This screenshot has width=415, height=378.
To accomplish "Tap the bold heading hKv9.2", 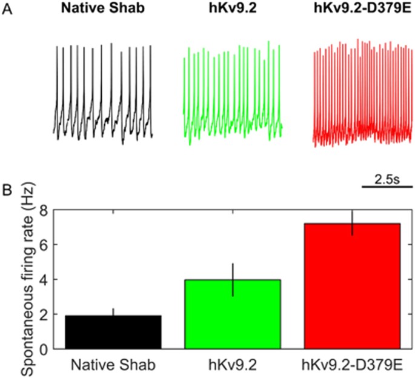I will tap(233, 12).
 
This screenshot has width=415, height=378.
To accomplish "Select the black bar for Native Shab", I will tap(113, 333).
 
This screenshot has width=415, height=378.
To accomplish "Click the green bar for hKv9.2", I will tap(233, 315).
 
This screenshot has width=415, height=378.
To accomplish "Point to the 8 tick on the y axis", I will tap(44, 210).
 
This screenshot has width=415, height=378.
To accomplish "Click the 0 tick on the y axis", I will tap(44, 350).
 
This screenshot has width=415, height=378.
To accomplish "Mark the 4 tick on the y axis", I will tap(44, 280).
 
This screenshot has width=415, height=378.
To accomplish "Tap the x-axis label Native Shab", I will tap(113, 365).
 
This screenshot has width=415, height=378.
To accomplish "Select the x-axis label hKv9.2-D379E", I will tap(353, 365).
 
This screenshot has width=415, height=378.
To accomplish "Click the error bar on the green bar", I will tap(233, 270).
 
